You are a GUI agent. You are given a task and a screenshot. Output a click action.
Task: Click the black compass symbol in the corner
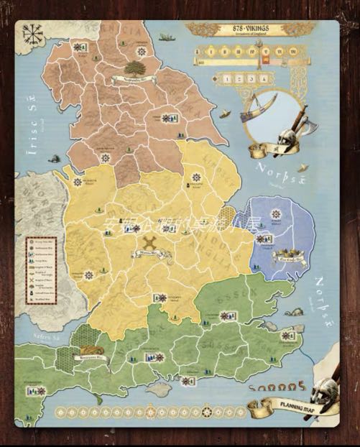pyautogui.click(x=32, y=34)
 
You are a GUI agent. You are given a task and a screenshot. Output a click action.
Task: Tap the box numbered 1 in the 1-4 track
pyautogui.click(x=228, y=78)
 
